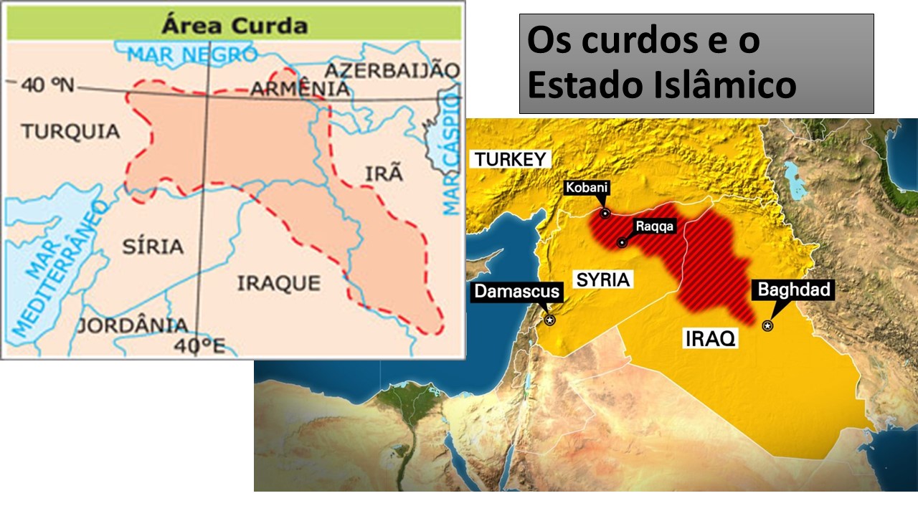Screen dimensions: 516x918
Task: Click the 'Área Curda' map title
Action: click(235, 26)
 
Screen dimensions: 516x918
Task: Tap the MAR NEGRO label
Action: click(193, 54)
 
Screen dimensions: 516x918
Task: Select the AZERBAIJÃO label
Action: click(392, 70)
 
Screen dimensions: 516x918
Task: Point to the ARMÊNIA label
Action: click(300, 89)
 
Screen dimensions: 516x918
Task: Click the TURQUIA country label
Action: click(70, 131)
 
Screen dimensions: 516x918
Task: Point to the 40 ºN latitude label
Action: click(47, 85)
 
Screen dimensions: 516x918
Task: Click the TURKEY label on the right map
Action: click(511, 159)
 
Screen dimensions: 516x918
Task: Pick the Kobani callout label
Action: click(587, 188)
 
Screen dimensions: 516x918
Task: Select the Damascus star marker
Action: click(550, 320)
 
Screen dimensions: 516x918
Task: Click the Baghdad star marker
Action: click(767, 326)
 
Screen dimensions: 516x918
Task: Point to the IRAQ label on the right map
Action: click(710, 339)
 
